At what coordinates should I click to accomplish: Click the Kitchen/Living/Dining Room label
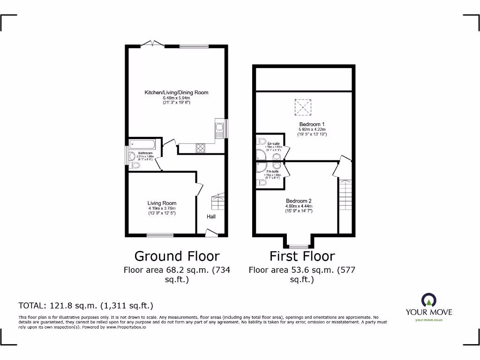[176, 93]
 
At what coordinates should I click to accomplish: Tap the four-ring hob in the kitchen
[200, 148]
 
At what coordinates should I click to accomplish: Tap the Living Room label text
[162, 203]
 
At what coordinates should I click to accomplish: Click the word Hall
[211, 217]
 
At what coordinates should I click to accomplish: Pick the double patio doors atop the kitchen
[152, 44]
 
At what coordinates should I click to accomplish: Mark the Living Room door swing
[199, 189]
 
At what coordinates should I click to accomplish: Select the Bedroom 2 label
[299, 201]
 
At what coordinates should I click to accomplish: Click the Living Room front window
[159, 235]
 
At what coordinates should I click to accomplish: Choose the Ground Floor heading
[177, 256]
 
